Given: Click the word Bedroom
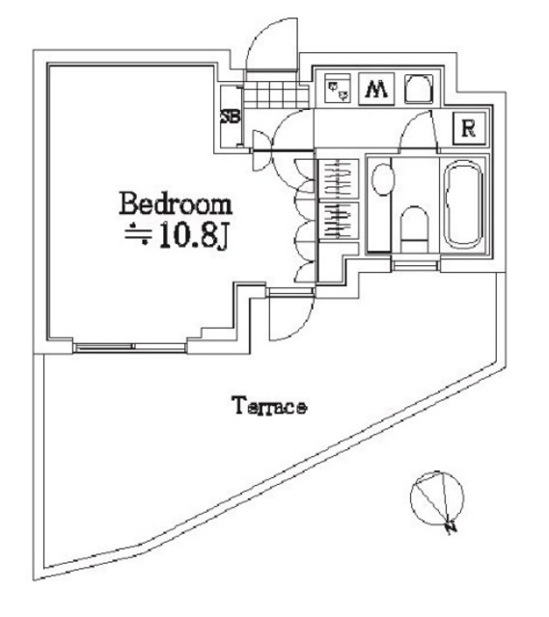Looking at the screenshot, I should coord(175,204).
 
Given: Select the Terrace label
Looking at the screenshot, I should coord(269,407).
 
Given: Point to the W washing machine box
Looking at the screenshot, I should coord(376,91).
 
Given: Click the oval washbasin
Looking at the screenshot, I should coord(382,180).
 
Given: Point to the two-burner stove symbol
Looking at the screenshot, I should coord(339,90).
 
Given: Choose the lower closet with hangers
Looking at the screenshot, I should coord(339,228).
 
